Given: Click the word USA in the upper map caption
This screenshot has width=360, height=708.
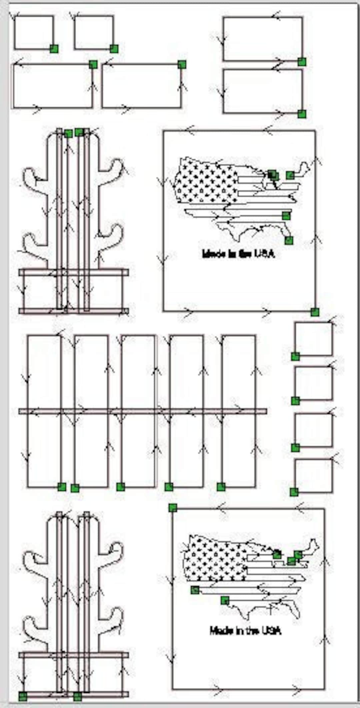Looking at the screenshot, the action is (265, 254).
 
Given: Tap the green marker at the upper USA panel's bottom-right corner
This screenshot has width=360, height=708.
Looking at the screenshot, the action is (315, 312).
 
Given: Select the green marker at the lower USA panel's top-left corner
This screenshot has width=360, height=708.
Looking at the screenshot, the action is (172, 508).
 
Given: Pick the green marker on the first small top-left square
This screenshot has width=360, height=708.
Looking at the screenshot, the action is (54, 49).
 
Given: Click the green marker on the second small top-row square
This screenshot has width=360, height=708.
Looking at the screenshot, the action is (114, 49).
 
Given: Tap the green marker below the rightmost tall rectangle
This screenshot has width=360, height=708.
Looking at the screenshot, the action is (221, 487).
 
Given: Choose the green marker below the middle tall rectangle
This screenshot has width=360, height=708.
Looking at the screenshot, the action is (121, 487).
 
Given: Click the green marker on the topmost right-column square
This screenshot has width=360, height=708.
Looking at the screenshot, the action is (295, 356).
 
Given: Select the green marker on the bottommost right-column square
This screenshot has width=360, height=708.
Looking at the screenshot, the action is (294, 492).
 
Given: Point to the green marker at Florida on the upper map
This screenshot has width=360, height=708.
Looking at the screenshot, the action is (289, 240).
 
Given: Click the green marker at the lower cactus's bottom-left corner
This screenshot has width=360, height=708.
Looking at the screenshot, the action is (23, 696).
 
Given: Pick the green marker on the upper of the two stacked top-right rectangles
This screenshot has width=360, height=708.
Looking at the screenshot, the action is (302, 62).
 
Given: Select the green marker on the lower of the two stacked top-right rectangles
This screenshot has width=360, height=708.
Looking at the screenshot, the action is (302, 114).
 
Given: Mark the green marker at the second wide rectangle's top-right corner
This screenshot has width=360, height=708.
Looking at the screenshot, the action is (182, 64).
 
